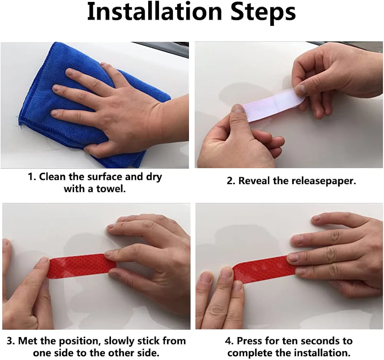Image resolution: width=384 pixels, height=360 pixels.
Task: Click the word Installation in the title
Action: coord(154,12)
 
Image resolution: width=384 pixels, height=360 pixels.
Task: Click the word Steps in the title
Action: coord(263,13)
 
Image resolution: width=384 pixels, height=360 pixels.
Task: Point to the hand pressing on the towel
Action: coord(118,110)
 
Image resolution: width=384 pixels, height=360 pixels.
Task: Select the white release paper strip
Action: coord(273,105)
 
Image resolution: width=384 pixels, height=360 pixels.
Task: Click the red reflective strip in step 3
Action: coord(82,266)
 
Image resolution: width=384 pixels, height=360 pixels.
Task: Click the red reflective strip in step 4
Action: coord(265,269)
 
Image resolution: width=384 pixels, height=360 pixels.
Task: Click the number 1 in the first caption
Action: coord(31,177)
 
